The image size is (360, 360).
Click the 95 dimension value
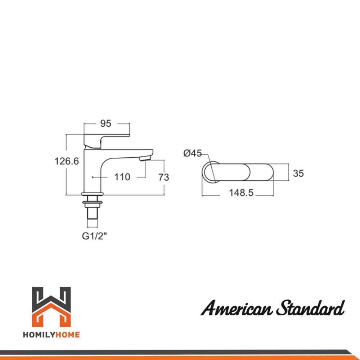point(105,123)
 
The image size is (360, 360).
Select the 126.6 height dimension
point(67,161)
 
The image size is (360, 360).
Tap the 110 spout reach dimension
point(122,177)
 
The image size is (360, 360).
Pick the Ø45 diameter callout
point(192,153)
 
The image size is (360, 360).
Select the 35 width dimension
point(298,173)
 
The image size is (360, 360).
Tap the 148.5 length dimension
point(241,193)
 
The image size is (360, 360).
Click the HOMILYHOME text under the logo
point(51,335)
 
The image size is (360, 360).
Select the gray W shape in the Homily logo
point(51,297)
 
